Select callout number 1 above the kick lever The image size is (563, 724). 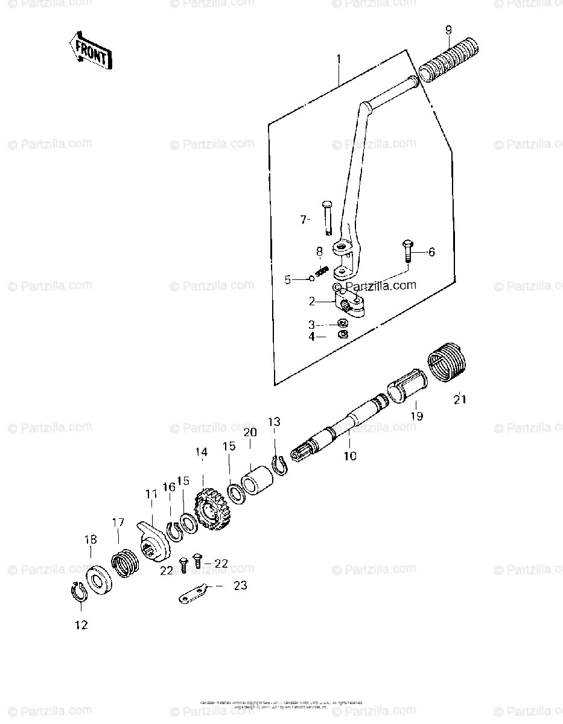[x=339, y=60]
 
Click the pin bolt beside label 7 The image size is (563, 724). [x=328, y=217]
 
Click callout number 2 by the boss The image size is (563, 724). [x=312, y=300]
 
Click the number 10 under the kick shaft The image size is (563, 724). [x=350, y=456]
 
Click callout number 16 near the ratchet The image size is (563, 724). [x=168, y=487]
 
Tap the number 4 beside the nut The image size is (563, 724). [x=312, y=337]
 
